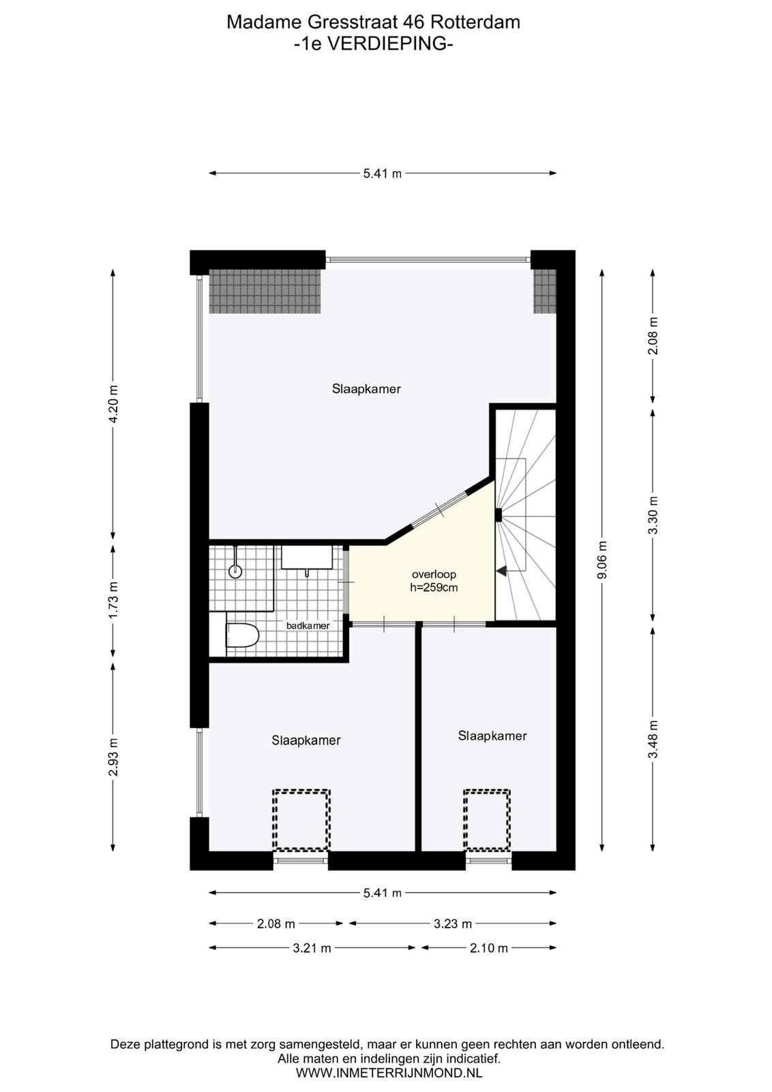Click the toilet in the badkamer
(x=242, y=635)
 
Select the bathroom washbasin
(x=307, y=557)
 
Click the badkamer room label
(x=308, y=625)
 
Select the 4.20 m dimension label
(x=113, y=403)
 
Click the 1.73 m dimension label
(x=113, y=600)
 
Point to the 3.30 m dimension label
(x=653, y=515)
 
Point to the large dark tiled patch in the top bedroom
(x=266, y=291)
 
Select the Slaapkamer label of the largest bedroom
(x=366, y=388)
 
